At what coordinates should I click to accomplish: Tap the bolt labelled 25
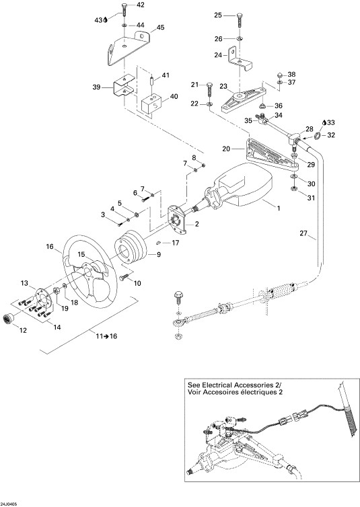click(x=240, y=20)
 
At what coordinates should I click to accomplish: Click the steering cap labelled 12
click(x=9, y=318)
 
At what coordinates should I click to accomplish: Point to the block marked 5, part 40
click(x=151, y=104)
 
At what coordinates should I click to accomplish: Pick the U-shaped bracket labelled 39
click(x=124, y=85)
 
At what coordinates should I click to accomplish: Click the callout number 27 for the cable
click(x=303, y=233)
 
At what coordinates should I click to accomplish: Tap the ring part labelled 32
click(x=318, y=136)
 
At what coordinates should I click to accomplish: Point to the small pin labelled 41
click(x=151, y=79)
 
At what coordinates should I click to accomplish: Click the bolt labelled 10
click(x=124, y=278)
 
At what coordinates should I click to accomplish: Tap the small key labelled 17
click(x=159, y=243)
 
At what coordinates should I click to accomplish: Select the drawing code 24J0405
click(x=9, y=504)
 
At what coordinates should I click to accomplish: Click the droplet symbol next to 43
click(x=106, y=20)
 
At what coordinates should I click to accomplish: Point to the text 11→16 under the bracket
click(x=106, y=336)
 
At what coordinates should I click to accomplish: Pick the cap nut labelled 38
click(x=280, y=75)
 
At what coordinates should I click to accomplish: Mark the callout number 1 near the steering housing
click(x=278, y=208)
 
